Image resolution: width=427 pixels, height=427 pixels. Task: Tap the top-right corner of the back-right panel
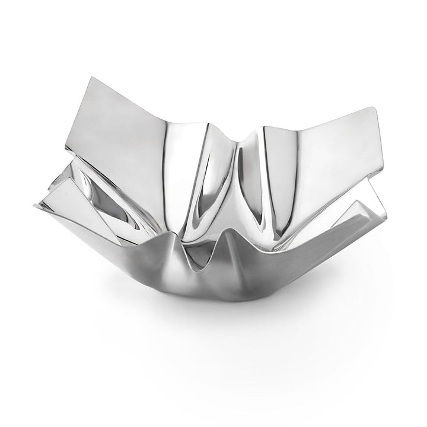tap(376, 109)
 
